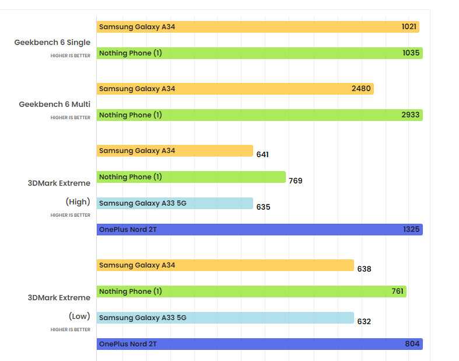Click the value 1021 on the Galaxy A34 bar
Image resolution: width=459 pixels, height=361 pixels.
click(x=409, y=27)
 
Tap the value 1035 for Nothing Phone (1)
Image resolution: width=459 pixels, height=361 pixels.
click(x=411, y=53)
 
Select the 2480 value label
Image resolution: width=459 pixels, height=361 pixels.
click(x=361, y=89)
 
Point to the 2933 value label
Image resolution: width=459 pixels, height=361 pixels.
click(x=411, y=115)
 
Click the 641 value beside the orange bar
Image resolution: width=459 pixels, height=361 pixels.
click(x=262, y=155)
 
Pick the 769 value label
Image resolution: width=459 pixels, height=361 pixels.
click(x=296, y=180)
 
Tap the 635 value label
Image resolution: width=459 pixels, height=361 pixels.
click(x=264, y=207)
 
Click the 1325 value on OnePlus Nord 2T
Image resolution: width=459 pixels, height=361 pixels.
click(x=411, y=230)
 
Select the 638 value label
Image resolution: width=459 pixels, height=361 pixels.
click(x=364, y=269)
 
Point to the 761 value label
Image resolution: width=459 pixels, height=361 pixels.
click(x=398, y=291)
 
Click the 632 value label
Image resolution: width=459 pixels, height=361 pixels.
click(x=364, y=322)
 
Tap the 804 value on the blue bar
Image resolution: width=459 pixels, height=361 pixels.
click(x=412, y=343)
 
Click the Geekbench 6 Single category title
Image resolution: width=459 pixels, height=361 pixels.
click(x=52, y=43)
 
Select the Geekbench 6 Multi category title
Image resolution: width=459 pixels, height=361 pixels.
click(x=55, y=105)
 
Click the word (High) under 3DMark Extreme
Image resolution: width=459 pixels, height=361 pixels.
click(x=78, y=202)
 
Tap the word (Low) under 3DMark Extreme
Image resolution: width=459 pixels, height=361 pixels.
click(x=79, y=316)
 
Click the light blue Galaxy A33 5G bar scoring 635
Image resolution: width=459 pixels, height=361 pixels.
click(x=175, y=203)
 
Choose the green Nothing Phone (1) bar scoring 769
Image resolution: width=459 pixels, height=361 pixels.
click(x=191, y=177)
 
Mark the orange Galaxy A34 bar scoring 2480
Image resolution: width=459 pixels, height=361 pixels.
click(x=235, y=89)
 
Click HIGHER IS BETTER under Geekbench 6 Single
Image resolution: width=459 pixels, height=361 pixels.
click(x=71, y=55)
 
